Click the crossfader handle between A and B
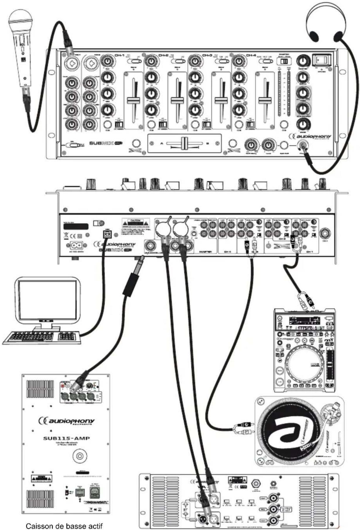click(x=184, y=143)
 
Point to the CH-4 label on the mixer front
click(x=251, y=55)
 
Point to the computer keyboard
click(x=41, y=337)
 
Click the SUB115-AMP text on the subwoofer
click(x=66, y=438)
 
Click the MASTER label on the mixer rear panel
click(x=205, y=251)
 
